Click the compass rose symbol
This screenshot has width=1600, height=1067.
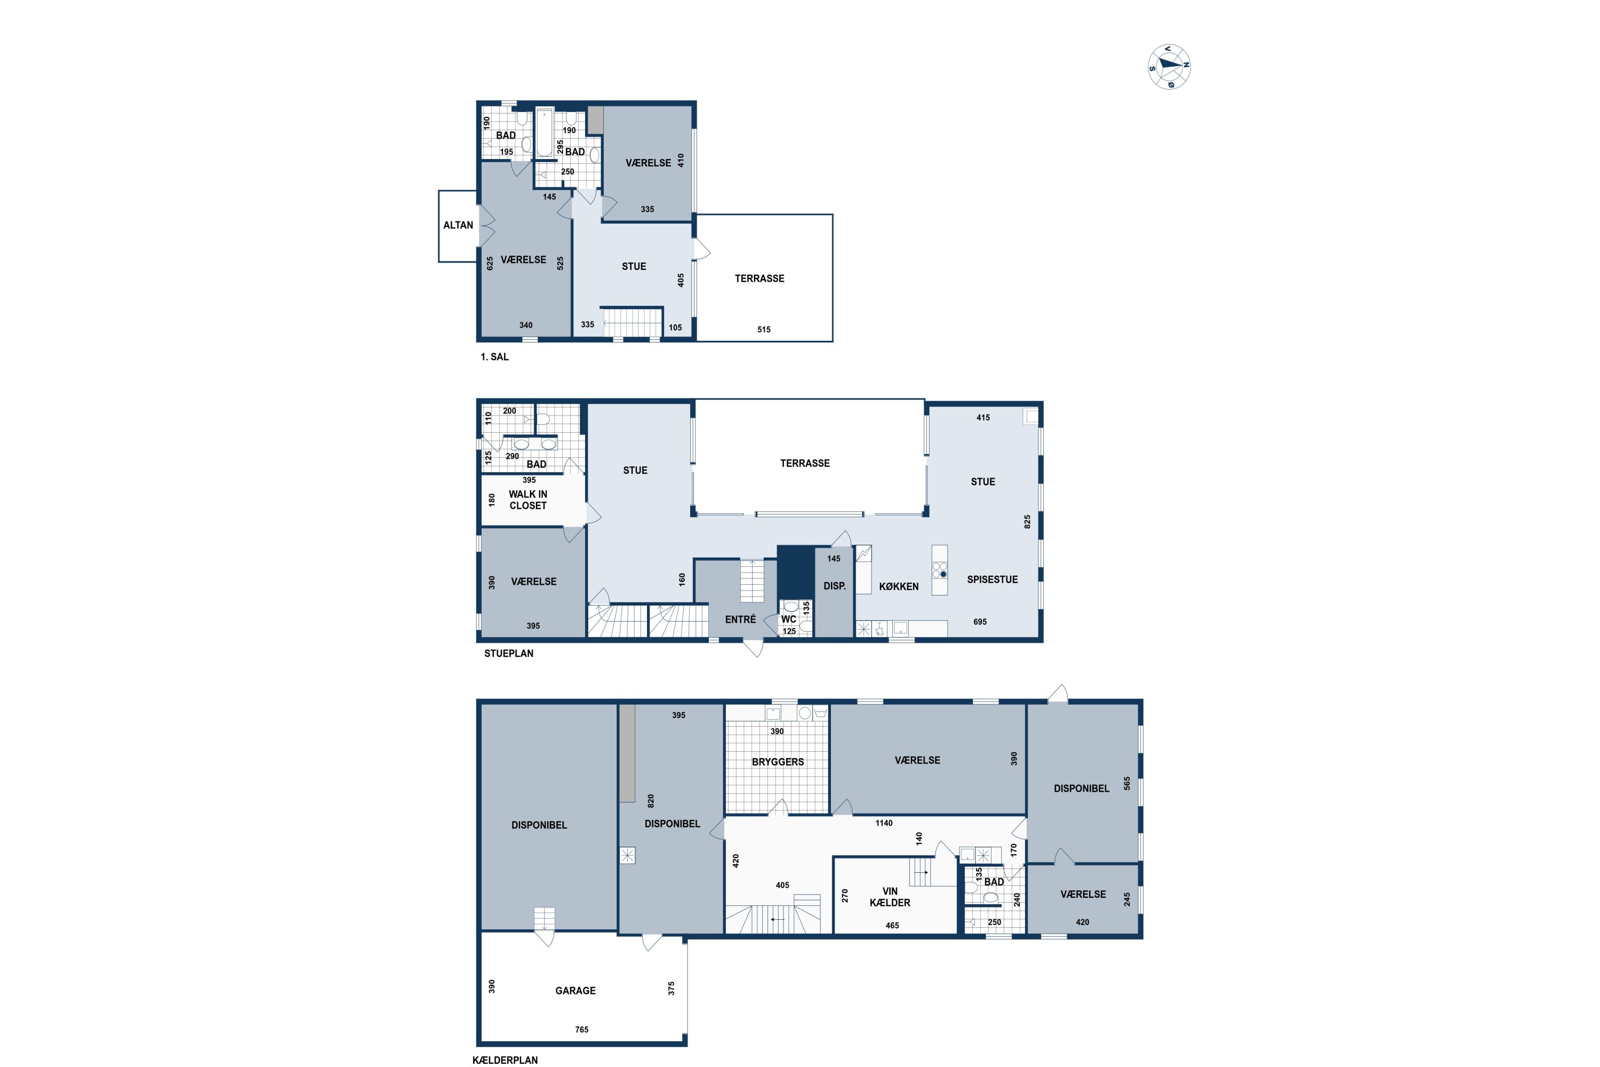coord(1170,67)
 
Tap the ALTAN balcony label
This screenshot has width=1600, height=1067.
coord(458,225)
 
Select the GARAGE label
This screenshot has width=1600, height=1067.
coord(575,991)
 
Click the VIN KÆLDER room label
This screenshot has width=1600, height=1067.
coord(890,897)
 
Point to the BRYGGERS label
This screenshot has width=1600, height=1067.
coord(778,762)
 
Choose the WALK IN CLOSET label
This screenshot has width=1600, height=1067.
coord(528,499)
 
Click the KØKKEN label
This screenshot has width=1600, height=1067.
coord(899,586)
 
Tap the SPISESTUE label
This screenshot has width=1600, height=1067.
coord(993,580)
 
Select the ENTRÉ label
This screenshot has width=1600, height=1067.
coord(740,619)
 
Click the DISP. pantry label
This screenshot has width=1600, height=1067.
coord(835,586)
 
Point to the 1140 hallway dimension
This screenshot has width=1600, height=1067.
coord(884,823)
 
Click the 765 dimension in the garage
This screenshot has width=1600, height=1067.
coord(582,1030)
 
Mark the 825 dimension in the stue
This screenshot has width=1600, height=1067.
coord(1027,522)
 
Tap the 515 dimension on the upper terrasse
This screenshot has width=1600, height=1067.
coord(764,329)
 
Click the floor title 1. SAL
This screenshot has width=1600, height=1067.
coord(494,356)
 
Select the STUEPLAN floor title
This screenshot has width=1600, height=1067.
coord(509,653)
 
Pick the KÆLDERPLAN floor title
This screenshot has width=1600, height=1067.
coord(506,1060)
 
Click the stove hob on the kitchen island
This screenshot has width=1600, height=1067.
coord(939,570)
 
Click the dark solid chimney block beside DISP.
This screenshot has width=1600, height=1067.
coord(796,571)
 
